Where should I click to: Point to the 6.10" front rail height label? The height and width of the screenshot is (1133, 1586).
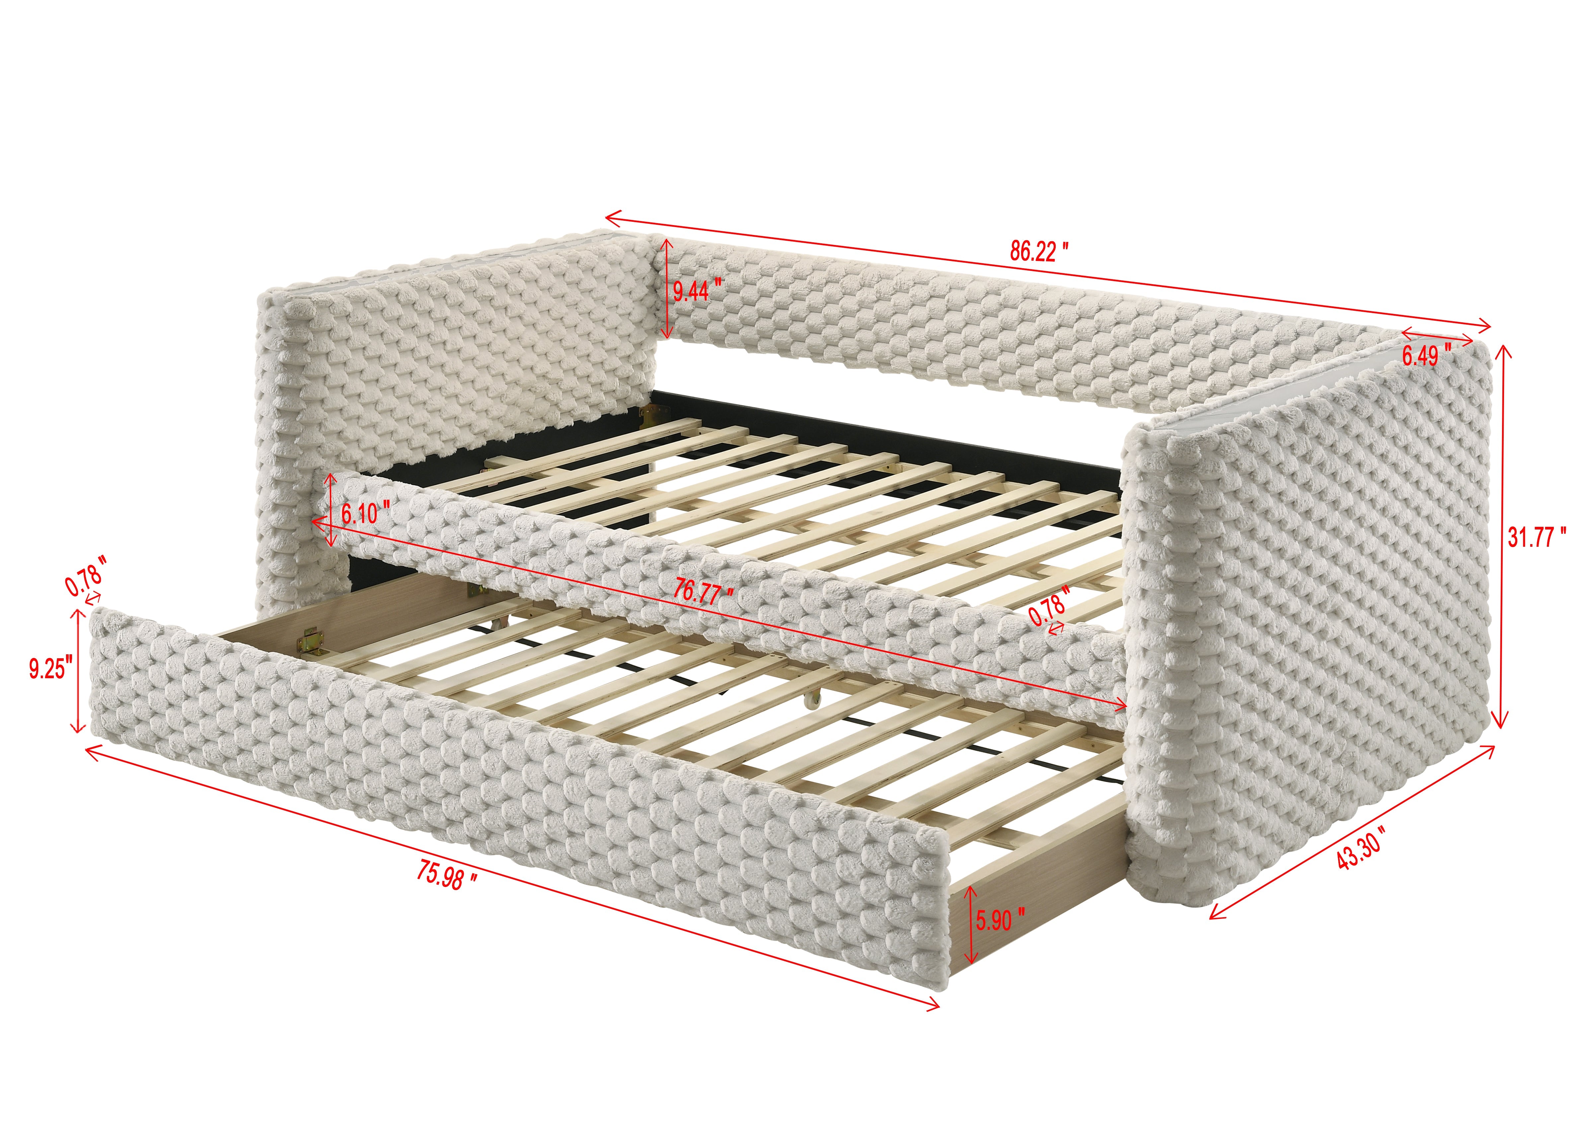tap(364, 514)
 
